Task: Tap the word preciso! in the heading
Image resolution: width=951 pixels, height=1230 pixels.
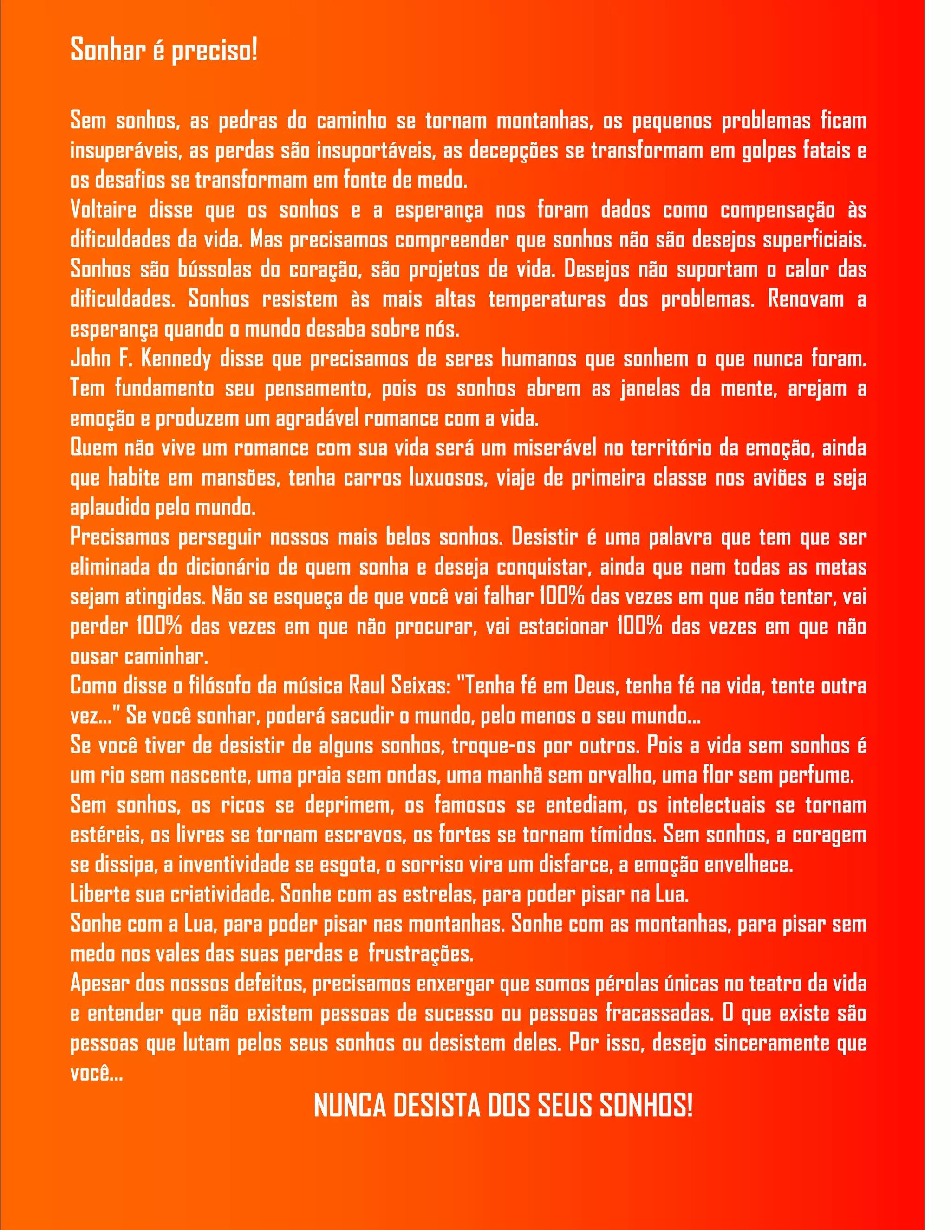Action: tap(214, 51)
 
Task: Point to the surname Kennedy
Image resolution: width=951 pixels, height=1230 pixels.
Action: tap(175, 359)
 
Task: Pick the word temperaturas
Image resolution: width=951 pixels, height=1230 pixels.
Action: tap(547, 299)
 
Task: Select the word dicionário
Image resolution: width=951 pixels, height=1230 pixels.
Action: tap(228, 567)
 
